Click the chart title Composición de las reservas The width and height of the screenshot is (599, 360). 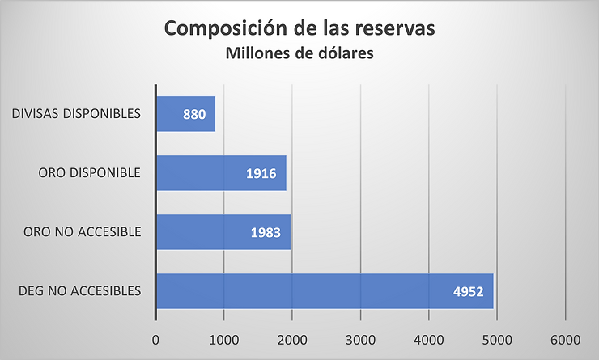(x=300, y=28)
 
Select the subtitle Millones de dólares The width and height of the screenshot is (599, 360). (x=299, y=54)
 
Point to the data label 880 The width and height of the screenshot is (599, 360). (x=194, y=115)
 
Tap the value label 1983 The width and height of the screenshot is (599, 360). (x=267, y=233)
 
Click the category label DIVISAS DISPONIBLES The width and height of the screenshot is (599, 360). (x=77, y=114)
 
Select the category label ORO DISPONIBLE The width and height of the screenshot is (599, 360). (x=90, y=173)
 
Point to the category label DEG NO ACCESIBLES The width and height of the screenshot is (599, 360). (x=78, y=291)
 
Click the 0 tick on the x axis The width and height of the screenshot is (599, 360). (x=155, y=340)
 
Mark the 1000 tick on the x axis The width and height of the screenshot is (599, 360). (x=223, y=340)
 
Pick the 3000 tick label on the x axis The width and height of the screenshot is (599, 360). (x=360, y=340)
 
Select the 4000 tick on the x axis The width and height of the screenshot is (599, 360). (x=428, y=340)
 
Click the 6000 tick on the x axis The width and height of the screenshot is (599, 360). (x=565, y=340)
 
